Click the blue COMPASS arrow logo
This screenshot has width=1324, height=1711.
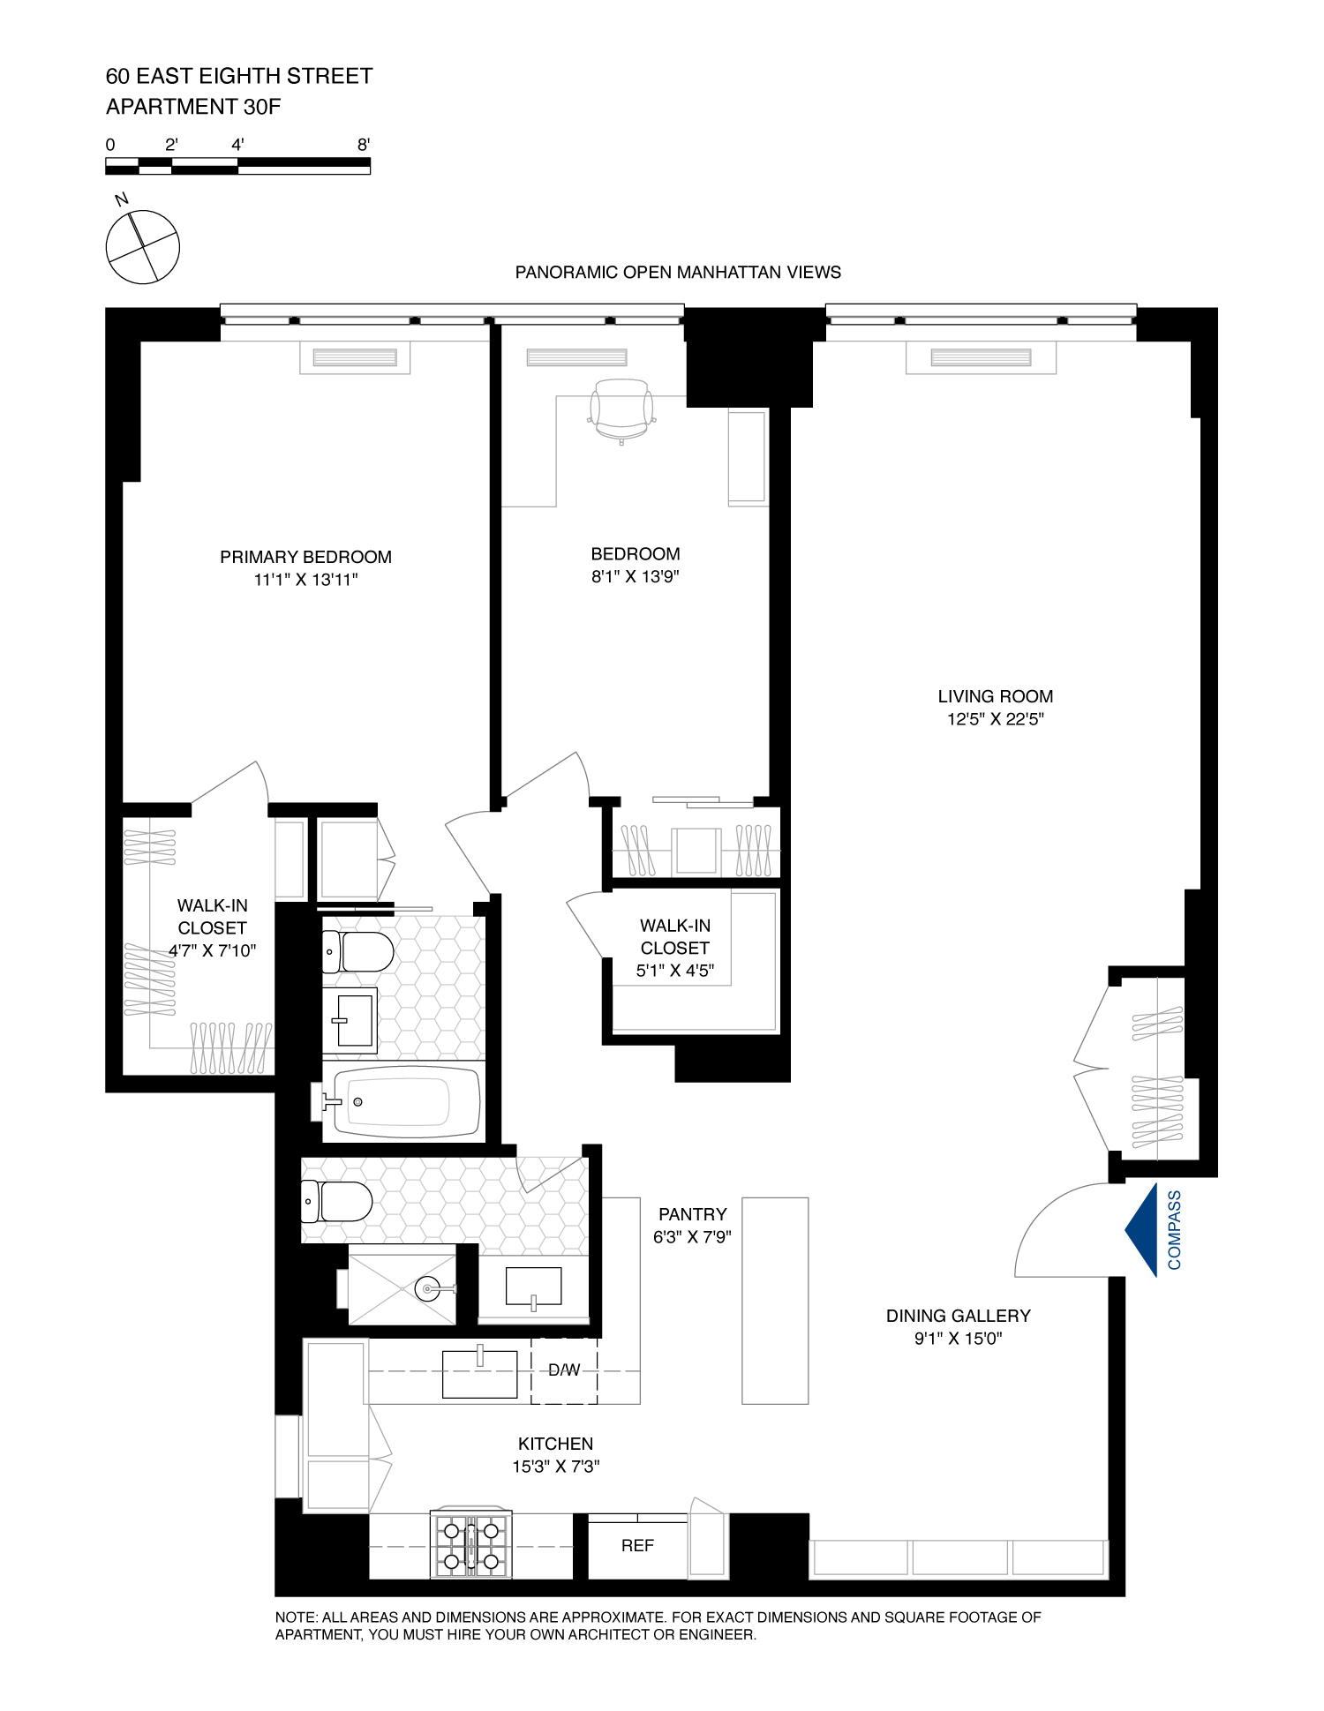click(1142, 1230)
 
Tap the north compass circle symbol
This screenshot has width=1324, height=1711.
click(143, 247)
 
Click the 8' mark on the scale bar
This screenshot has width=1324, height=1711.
click(364, 146)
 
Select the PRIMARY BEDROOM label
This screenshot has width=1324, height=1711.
click(305, 557)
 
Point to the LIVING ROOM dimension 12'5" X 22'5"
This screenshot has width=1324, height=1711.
click(995, 719)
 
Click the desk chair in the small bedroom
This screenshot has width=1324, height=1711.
click(621, 410)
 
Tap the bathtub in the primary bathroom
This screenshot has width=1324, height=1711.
click(405, 1102)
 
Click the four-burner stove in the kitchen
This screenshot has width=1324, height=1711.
click(470, 1546)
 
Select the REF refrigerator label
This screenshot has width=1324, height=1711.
click(637, 1546)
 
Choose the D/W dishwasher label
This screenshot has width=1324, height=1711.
click(564, 1370)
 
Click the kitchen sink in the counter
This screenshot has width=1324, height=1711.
click(479, 1374)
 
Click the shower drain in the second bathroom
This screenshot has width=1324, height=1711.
click(428, 1289)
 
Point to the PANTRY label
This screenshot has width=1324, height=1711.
click(692, 1214)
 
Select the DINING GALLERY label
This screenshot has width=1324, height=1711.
click(958, 1316)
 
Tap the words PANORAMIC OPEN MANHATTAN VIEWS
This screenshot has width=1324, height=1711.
click(677, 273)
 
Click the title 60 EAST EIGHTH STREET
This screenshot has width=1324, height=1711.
click(239, 77)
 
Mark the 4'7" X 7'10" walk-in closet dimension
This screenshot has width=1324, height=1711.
click(213, 951)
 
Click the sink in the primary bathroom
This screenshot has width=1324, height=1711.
click(351, 1021)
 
